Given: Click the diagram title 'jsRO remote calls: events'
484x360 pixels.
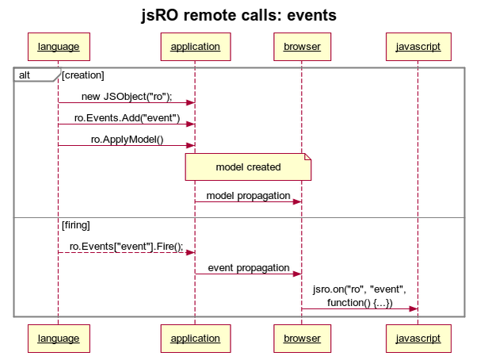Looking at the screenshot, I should coord(242,15).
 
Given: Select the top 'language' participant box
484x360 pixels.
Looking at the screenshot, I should coord(58,47).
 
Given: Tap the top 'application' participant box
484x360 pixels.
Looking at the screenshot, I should coord(195,47).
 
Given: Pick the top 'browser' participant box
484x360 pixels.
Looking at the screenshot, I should coord(302,47).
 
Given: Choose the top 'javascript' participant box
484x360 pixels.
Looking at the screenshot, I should coord(418,47).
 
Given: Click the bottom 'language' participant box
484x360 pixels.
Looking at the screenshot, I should coord(58,339).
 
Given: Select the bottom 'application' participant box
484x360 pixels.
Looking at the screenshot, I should coord(195,339).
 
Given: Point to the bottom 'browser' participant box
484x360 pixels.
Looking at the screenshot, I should coord(302,339).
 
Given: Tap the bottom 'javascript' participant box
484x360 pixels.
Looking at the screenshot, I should coord(418,339).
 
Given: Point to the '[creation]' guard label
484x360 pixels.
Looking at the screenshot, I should coord(83,75).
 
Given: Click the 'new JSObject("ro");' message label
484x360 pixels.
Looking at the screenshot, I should coord(126,97).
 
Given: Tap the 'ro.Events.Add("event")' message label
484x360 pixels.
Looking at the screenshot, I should coord(126,118).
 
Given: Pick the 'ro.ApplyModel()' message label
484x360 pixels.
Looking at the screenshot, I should coord(126,140).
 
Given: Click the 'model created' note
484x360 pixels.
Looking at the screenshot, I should coord(248,167).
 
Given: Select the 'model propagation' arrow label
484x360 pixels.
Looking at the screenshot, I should coord(248,195).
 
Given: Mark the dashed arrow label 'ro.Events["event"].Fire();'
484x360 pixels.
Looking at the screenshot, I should coord(126,247).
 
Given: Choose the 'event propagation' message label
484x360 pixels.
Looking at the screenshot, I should coord(248,268).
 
